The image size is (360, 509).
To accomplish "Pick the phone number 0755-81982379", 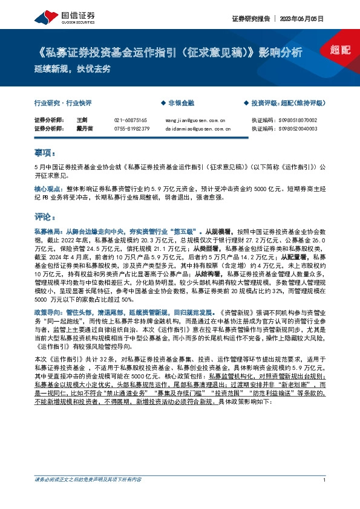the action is point(131,128).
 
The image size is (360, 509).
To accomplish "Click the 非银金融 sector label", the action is point(180,103).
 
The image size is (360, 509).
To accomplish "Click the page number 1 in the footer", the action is point(325,497).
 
